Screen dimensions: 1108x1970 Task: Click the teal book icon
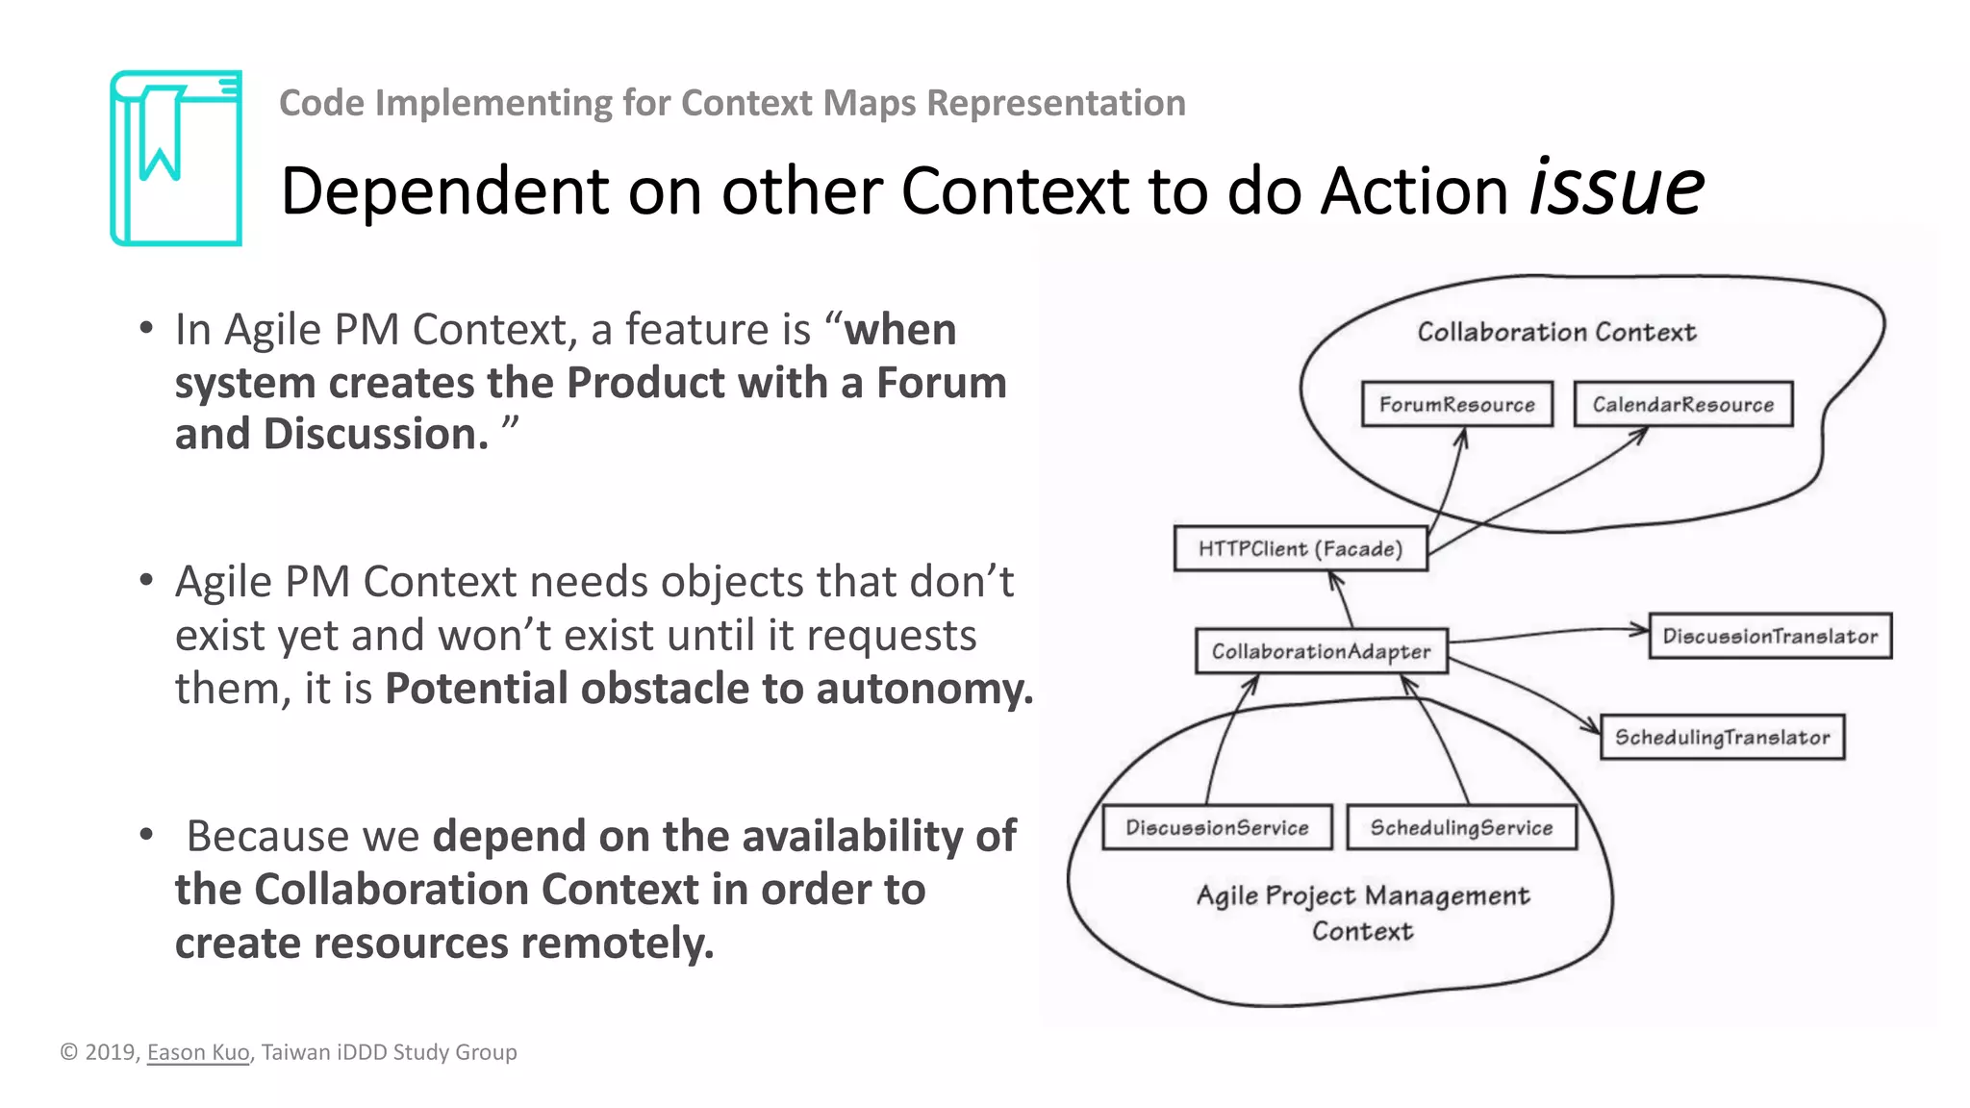click(176, 158)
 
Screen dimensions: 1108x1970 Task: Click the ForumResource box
click(1456, 404)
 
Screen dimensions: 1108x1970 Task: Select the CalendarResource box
click(1682, 404)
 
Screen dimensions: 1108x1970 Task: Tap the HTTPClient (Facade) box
click(1300, 548)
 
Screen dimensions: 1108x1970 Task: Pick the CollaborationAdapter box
click(1321, 651)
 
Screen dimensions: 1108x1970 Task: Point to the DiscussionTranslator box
click(1769, 636)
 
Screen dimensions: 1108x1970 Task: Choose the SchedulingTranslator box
click(1721, 738)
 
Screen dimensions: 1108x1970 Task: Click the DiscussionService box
click(1217, 827)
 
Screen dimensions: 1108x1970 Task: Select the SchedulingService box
click(1460, 827)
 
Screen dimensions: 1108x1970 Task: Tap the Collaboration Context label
click(1555, 332)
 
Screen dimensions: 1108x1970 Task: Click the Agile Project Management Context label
click(1362, 913)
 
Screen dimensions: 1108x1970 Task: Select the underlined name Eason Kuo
click(198, 1052)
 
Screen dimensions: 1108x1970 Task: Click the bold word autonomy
click(923, 689)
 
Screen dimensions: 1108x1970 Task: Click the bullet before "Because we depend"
click(146, 834)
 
